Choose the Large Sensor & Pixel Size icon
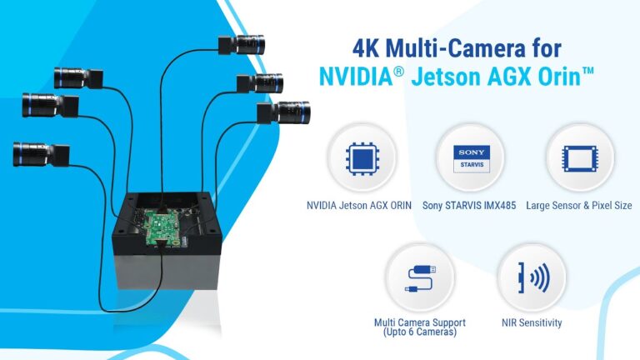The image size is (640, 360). tap(578, 158)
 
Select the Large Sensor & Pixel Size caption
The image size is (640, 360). tap(579, 205)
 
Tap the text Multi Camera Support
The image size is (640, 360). tap(420, 322)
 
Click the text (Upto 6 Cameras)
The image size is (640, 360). tap(420, 333)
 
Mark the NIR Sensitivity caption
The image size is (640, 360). tap(532, 322)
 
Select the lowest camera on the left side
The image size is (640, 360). tap(39, 152)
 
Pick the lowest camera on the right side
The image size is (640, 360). tap(287, 111)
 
